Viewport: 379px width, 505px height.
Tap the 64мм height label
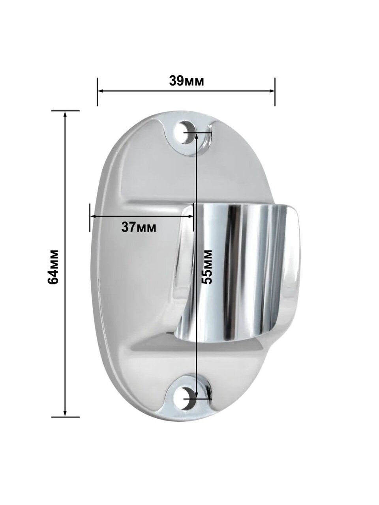tap(53, 266)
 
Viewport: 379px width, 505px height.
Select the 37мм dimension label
tap(139, 227)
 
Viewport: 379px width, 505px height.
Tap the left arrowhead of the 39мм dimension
tap(101, 90)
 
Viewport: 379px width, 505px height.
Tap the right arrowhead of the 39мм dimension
tap(271, 90)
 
